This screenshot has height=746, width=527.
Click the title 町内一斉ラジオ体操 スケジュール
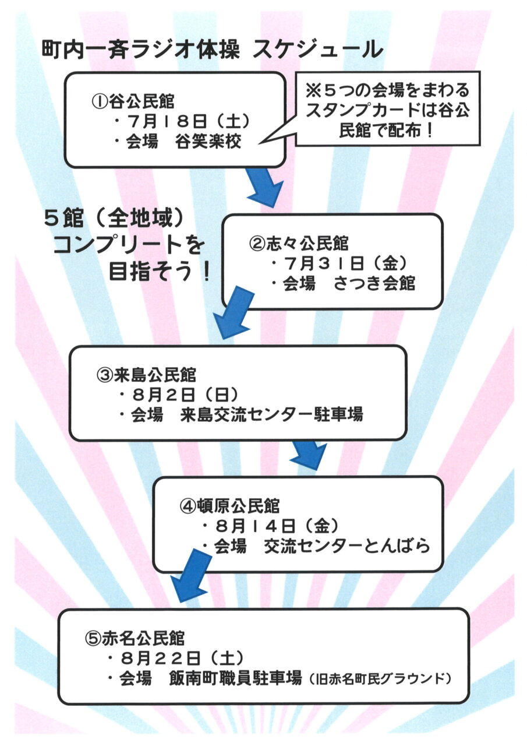tap(212, 50)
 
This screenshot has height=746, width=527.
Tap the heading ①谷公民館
tap(133, 101)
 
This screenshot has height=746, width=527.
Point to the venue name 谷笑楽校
tap(208, 142)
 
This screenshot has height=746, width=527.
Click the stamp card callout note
tap(388, 108)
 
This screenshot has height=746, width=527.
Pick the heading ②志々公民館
tap(298, 244)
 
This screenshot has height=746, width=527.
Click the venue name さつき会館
tap(374, 284)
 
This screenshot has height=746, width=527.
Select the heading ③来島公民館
tap(146, 375)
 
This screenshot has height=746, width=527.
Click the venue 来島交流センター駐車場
tap(271, 415)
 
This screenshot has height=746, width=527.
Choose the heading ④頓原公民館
tap(229, 506)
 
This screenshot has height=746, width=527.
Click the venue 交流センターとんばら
tap(346, 546)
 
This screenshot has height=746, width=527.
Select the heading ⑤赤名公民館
tap(135, 638)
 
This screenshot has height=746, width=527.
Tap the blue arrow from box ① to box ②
tap(264, 187)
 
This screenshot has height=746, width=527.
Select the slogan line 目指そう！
tap(160, 271)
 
